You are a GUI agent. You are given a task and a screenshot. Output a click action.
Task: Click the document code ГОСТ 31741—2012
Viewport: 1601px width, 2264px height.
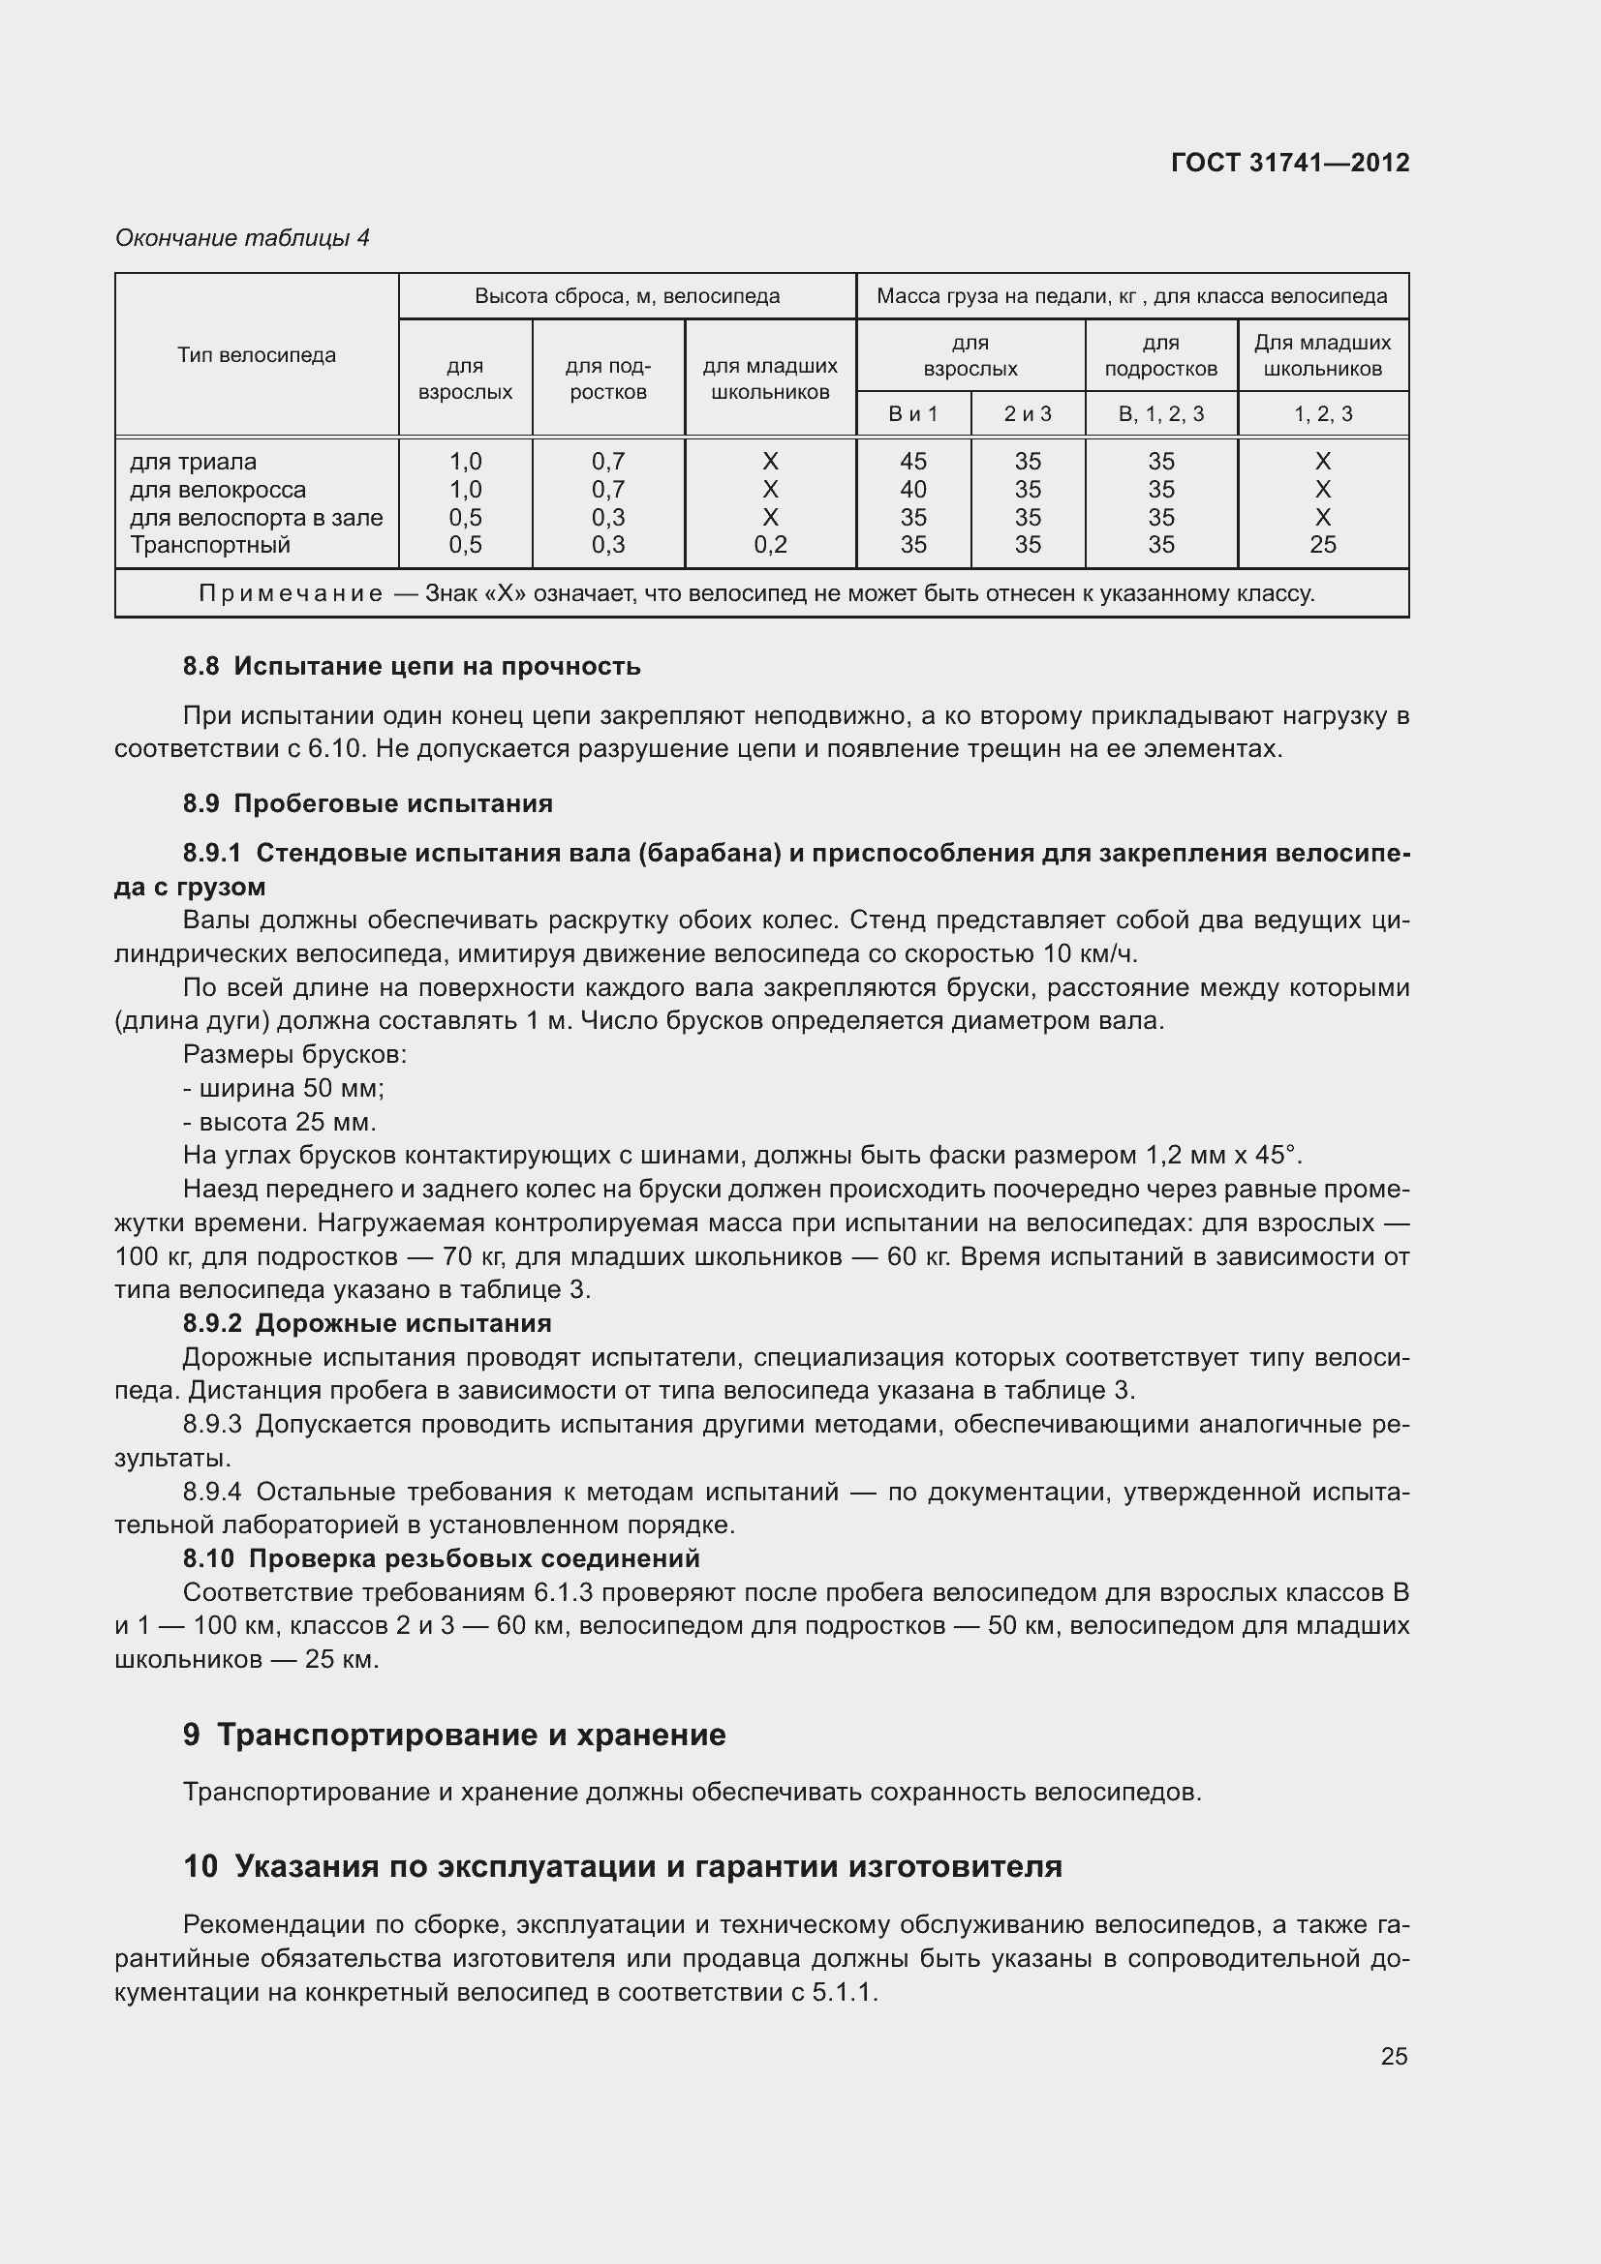[1289, 163]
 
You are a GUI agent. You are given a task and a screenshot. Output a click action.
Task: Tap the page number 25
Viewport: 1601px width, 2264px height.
[1393, 2056]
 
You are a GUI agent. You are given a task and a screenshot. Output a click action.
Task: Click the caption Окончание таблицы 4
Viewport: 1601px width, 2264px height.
[242, 238]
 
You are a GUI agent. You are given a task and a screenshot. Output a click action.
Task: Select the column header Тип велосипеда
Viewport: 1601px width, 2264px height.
[257, 355]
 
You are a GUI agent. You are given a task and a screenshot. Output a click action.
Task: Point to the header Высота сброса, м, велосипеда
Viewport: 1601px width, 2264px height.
[627, 296]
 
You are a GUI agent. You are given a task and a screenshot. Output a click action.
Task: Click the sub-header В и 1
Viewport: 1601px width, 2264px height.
[912, 414]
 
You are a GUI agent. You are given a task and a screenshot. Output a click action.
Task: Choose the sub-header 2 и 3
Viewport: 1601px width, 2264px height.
[1027, 414]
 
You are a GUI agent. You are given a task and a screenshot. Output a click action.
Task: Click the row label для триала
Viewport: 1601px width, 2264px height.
[193, 462]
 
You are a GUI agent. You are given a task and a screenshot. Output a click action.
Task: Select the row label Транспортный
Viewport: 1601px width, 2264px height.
[209, 544]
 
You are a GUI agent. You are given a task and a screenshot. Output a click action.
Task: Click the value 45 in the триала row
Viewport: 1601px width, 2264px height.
[912, 462]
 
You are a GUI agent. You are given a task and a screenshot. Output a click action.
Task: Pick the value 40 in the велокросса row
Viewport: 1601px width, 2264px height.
[912, 489]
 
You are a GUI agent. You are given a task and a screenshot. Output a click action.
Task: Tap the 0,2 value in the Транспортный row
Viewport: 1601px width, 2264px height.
[769, 544]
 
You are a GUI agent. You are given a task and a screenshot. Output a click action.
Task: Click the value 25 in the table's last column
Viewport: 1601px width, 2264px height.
[1322, 544]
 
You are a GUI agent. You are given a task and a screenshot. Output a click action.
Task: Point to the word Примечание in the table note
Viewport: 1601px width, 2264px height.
[290, 593]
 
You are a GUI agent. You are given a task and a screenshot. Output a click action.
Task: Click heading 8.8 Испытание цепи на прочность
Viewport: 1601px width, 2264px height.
[412, 667]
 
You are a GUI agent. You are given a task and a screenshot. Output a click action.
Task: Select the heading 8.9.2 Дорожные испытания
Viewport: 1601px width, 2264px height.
[367, 1322]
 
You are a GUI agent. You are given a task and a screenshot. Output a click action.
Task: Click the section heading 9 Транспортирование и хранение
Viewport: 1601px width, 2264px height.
[454, 1735]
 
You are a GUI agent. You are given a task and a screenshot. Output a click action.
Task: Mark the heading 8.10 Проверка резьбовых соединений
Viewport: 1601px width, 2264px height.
[441, 1558]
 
